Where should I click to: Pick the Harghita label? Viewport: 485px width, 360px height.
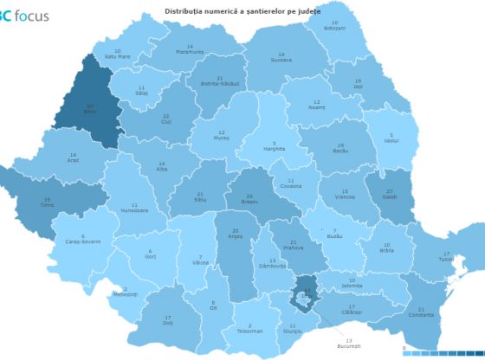pyautogui.click(x=275, y=147)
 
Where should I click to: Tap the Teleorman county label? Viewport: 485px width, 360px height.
pyautogui.click(x=249, y=329)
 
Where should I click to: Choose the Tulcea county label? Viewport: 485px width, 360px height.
pyautogui.click(x=445, y=257)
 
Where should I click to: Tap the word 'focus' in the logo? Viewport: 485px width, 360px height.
pyautogui.click(x=32, y=16)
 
